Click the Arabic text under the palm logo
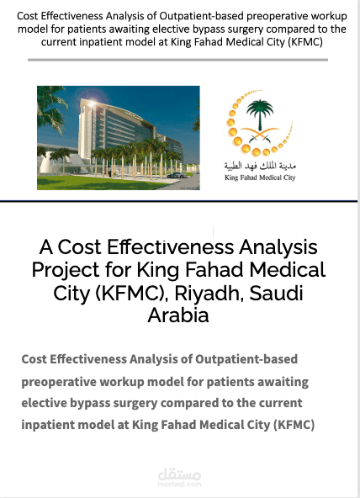[x=261, y=167]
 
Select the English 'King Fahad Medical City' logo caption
[x=261, y=178]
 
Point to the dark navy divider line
[x=180, y=202]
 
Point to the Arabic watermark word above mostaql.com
[x=179, y=474]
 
